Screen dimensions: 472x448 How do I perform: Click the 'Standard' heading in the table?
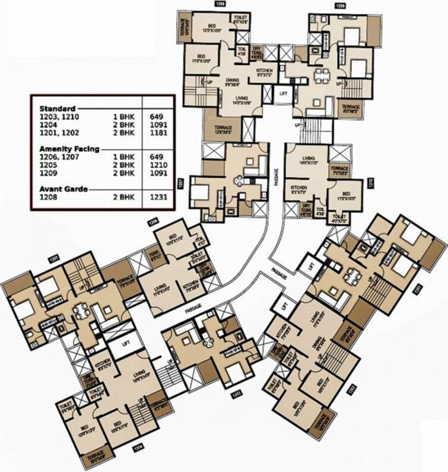click(x=57, y=109)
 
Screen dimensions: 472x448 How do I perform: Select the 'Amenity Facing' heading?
click(x=69, y=149)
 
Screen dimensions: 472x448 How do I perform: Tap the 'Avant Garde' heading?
click(x=63, y=189)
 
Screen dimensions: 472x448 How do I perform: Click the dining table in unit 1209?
click(x=322, y=75)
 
